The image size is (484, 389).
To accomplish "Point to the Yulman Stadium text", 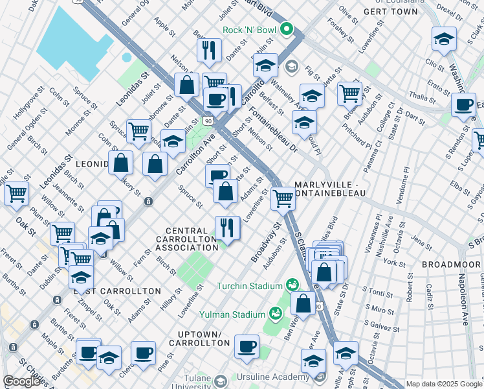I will point(232,314).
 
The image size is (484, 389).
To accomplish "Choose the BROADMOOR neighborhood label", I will point(450,265).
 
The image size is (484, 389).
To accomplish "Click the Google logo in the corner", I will point(21,381).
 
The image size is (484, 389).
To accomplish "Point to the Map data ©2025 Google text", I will point(444,384).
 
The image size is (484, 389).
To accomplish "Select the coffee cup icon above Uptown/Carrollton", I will point(247,346).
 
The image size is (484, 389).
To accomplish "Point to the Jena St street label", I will point(421,242).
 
